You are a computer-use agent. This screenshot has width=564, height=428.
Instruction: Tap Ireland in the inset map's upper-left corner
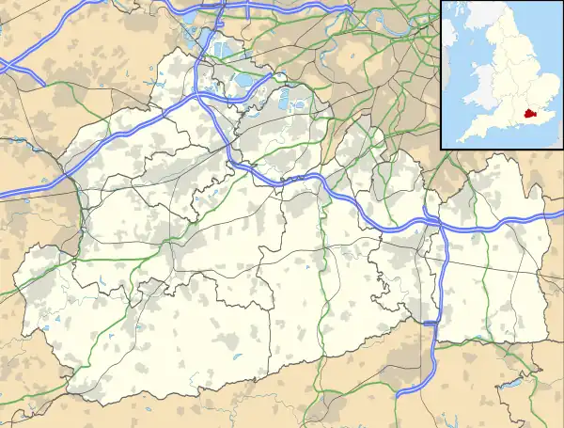pos(449,38)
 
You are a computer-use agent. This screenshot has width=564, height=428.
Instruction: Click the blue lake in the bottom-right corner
pos(514,382)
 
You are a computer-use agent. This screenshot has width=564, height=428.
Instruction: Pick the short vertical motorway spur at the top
pos(247,9)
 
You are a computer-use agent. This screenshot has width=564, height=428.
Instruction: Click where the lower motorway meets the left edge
pos(3,193)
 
